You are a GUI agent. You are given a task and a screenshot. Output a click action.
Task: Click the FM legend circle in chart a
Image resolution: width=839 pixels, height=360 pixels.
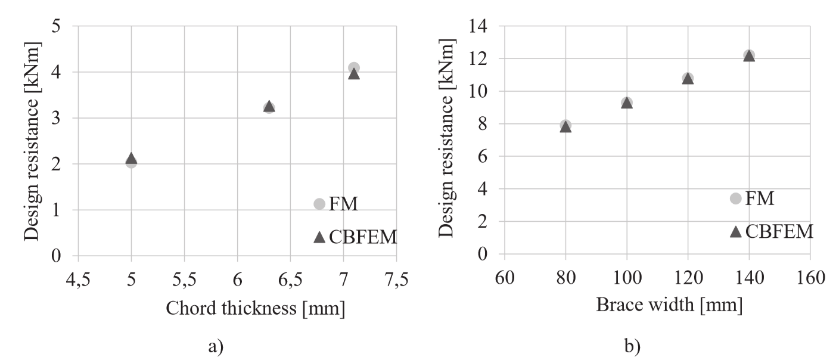(319, 204)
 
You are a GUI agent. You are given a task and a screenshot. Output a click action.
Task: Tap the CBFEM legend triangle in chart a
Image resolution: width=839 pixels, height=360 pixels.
(319, 237)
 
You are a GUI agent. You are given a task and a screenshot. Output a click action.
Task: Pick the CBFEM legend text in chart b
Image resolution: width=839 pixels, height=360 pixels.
(779, 231)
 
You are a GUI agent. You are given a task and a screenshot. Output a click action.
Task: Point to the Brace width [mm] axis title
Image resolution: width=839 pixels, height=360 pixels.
(670, 305)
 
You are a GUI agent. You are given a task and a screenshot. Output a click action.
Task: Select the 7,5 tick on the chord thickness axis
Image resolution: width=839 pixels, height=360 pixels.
(396, 278)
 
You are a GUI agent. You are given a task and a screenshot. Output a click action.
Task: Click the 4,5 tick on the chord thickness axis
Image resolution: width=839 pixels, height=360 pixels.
(78, 278)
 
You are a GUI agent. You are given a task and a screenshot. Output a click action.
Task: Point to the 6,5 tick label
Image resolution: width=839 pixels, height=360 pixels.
(290, 278)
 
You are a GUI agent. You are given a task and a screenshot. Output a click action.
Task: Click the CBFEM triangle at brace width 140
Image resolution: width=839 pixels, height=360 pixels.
(748, 56)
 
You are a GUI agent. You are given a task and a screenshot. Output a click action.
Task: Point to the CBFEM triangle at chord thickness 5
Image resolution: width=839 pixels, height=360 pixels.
(131, 158)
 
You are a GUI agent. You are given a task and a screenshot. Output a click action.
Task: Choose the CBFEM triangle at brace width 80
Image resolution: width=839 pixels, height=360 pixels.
(565, 127)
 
